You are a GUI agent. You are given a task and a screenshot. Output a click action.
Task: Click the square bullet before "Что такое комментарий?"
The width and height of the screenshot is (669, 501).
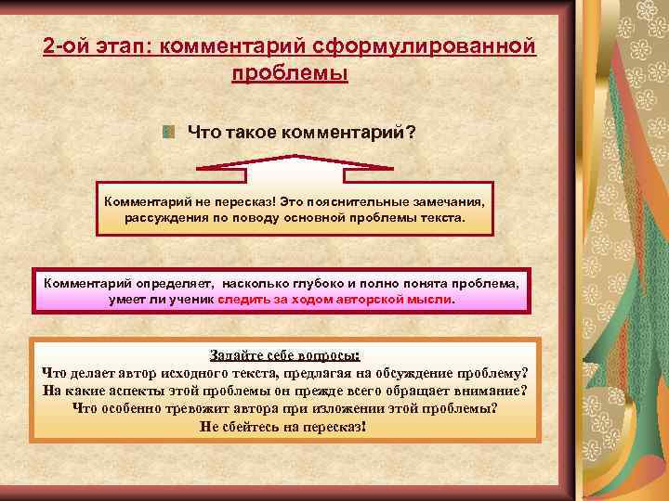[x=168, y=133]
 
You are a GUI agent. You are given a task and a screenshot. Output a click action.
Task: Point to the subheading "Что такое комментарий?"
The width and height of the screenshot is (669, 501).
[x=301, y=133]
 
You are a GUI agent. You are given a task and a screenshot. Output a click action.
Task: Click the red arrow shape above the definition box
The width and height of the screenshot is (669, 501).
[x=294, y=167]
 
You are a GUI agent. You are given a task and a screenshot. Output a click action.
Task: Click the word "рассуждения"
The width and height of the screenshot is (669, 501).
[x=164, y=218]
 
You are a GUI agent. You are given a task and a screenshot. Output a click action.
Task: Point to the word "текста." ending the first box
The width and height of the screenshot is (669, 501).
[x=440, y=218]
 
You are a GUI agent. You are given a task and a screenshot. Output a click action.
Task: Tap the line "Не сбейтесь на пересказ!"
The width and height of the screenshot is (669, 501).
[x=284, y=427]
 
